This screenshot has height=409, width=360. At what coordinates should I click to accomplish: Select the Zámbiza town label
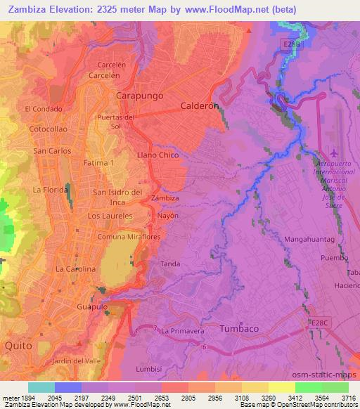point(165,198)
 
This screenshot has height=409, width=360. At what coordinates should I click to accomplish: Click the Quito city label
point(18,346)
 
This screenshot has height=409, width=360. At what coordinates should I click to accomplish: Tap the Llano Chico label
point(157,155)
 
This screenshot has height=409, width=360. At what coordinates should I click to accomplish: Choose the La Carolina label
point(75,269)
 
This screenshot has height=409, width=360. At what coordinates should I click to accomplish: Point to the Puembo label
point(333,258)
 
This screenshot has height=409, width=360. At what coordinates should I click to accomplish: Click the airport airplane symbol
point(333,152)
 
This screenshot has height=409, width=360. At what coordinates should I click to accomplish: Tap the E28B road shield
point(292,44)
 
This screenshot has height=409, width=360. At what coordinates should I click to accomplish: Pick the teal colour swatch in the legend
point(41,387)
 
